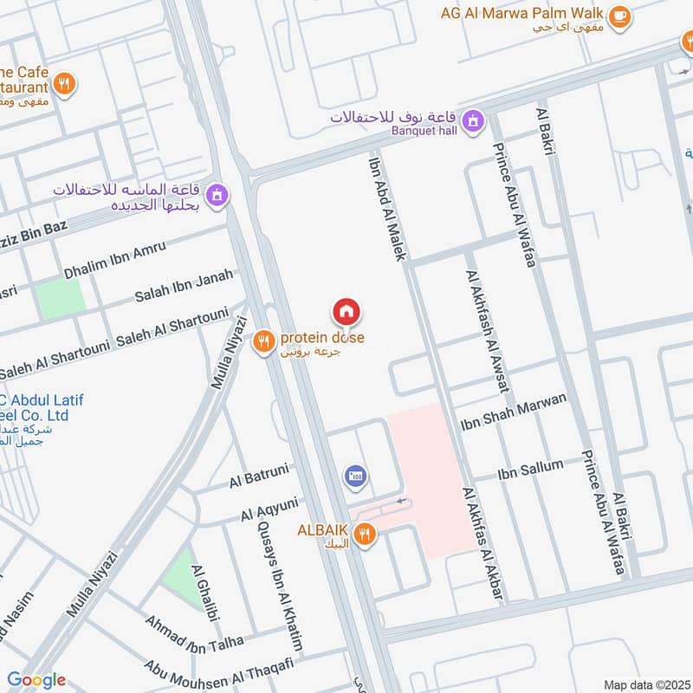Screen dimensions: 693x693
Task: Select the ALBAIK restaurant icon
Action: tap(365, 535)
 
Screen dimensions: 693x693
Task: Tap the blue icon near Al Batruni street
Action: tap(355, 476)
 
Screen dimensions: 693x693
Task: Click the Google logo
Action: tap(37, 680)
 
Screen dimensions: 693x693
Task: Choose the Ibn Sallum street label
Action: tap(530, 470)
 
